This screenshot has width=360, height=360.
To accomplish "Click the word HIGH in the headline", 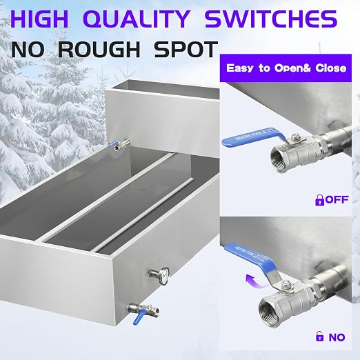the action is [x=39, y=19].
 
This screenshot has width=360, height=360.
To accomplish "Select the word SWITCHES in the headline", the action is [x=271, y=19].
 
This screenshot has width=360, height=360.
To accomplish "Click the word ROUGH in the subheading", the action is [x=99, y=49].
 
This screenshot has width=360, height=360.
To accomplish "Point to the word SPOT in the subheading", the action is [x=186, y=49].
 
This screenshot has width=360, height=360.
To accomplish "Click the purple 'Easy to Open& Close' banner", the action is [x=286, y=68].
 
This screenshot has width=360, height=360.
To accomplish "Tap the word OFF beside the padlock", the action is [x=337, y=199].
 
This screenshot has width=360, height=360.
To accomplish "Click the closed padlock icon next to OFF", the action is [x=319, y=200].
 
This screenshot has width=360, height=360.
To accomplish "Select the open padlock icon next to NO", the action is [x=319, y=336].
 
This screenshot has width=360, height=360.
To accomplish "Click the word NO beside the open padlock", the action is [x=337, y=337].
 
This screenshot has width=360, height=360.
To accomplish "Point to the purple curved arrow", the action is [x=255, y=281].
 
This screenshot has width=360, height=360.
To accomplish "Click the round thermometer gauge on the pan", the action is [x=163, y=276].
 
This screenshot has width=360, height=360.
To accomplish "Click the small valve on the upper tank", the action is [x=119, y=144].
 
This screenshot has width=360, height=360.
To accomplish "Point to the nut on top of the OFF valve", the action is [x=295, y=138].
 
